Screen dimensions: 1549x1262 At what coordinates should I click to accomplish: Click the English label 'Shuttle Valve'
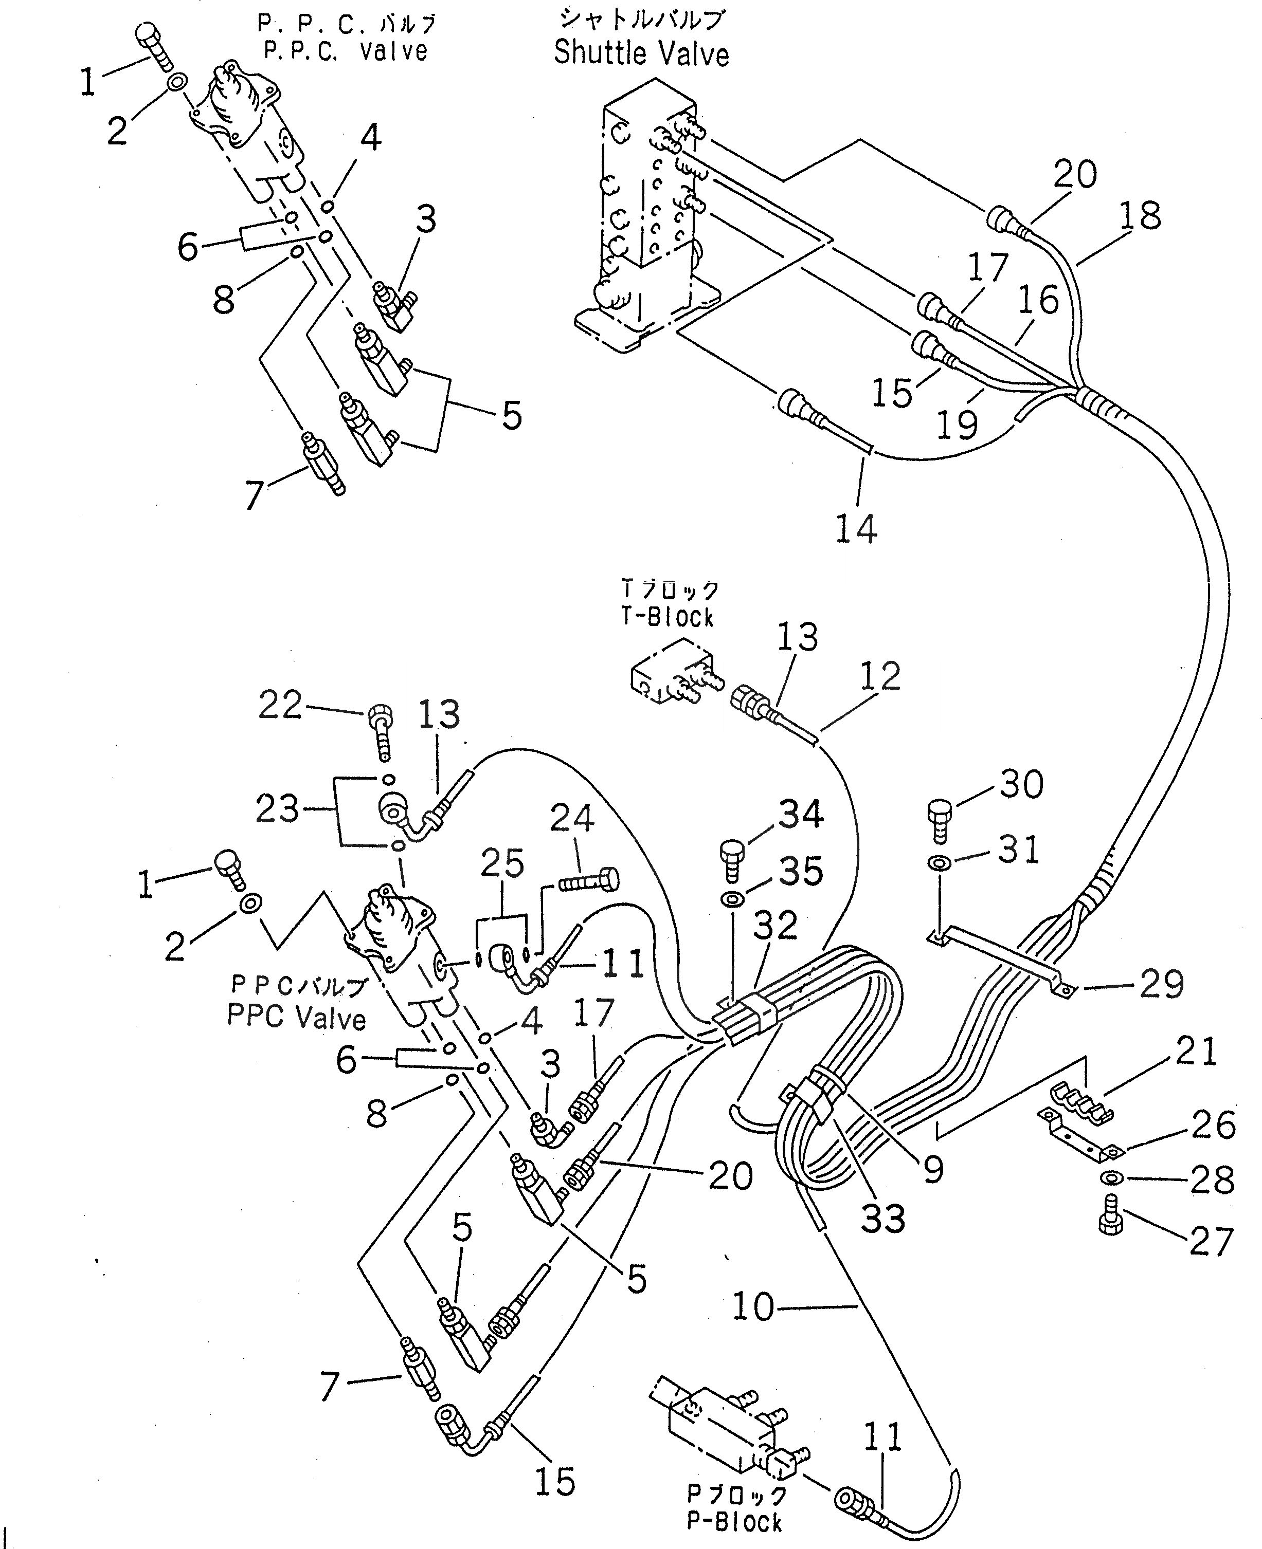641,54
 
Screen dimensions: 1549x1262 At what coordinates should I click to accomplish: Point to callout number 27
1212,1242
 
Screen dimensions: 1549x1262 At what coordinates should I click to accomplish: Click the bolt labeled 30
939,819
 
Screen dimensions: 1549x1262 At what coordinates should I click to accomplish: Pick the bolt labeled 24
589,881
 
